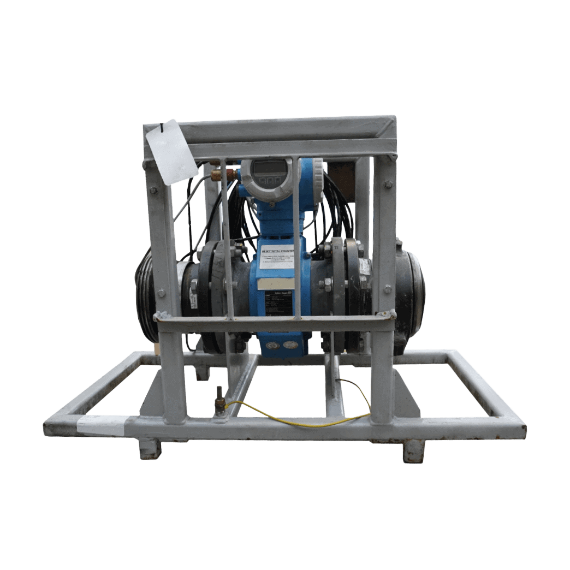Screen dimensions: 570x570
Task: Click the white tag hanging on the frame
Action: pos(171,151)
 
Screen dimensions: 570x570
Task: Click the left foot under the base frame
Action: pos(150,449)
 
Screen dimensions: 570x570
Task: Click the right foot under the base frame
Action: pos(413,450)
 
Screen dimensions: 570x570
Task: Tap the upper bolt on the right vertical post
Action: pos(388,185)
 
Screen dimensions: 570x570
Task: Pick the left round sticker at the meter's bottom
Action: pos(271,345)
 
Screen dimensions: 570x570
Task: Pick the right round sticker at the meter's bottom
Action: pos(290,345)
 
